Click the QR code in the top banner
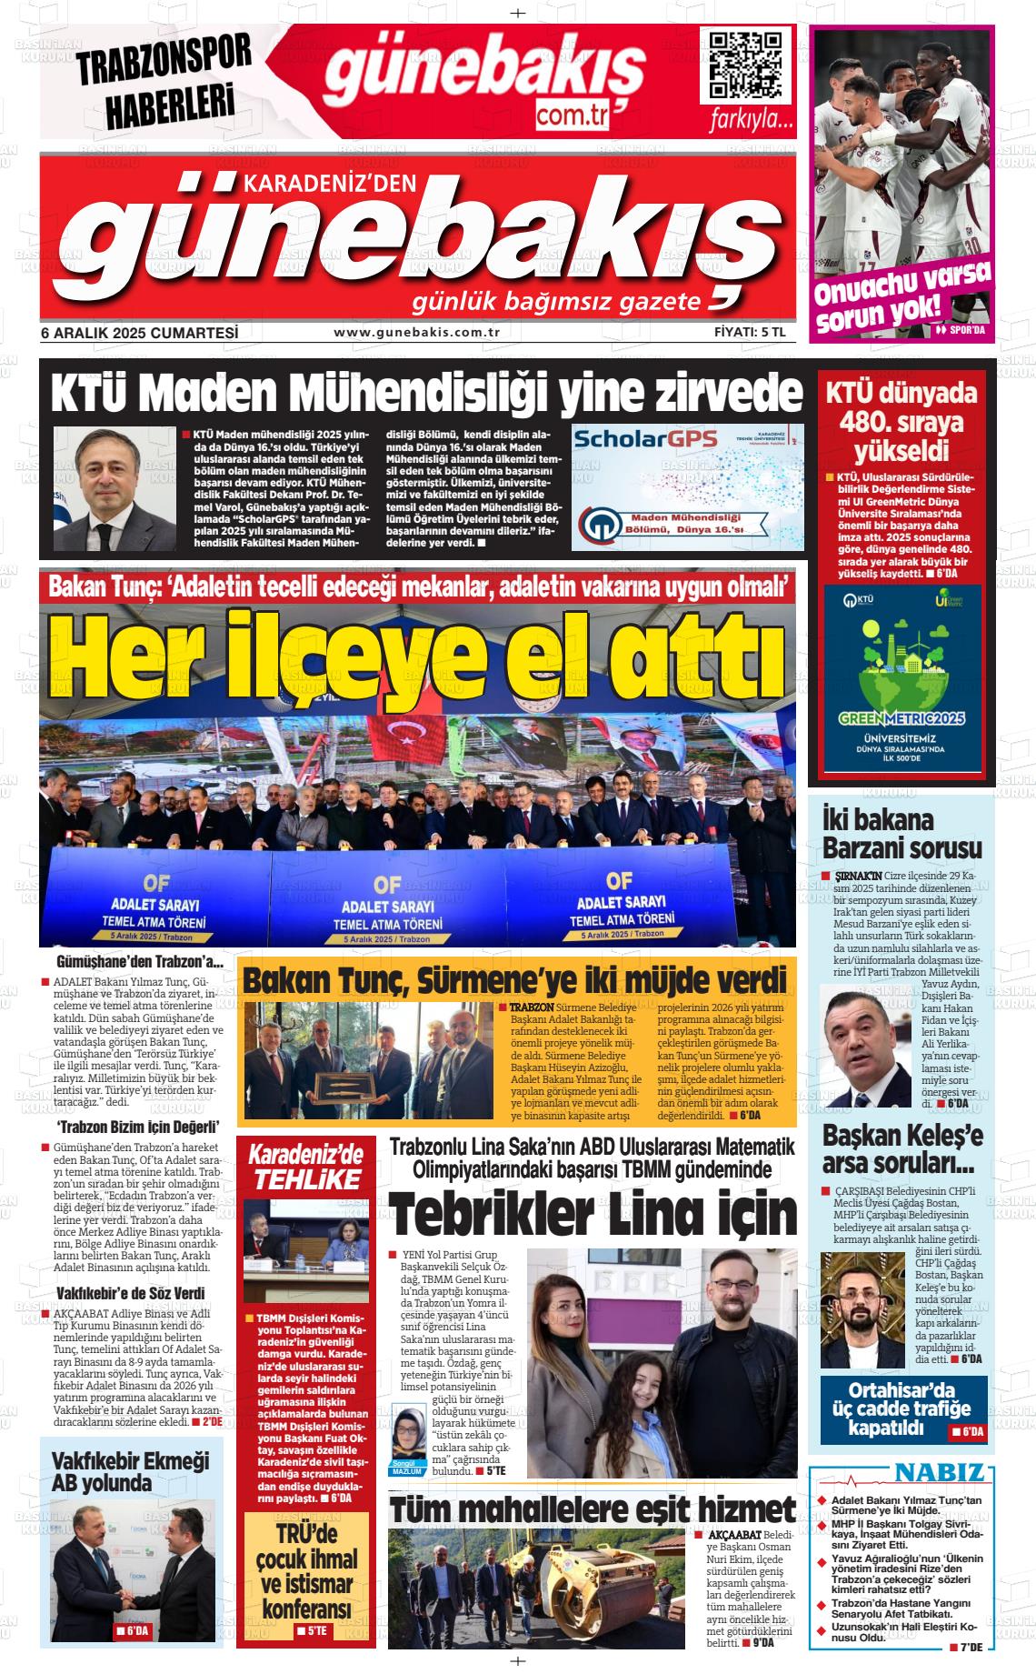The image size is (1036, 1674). (743, 65)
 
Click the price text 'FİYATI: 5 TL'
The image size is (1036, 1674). (749, 334)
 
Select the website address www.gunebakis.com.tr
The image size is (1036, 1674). (417, 334)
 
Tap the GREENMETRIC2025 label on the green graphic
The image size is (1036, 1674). (902, 718)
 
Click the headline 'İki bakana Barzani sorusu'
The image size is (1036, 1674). (902, 834)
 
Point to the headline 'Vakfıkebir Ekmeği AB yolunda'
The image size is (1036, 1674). (130, 1472)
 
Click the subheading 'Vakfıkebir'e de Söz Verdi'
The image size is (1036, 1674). (131, 1293)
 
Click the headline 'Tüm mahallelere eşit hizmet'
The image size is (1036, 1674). (592, 1509)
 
